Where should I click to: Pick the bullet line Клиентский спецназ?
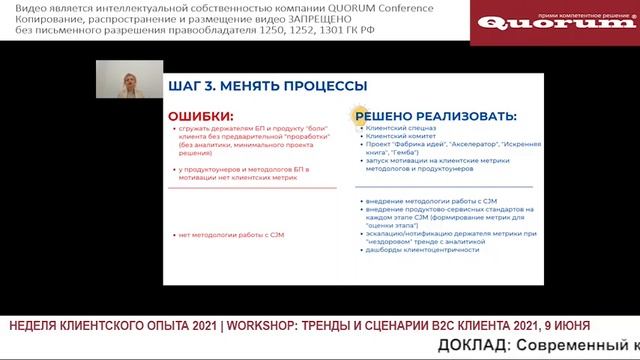pyautogui.click(x=400, y=130)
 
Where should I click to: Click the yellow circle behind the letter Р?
pyautogui.click(x=356, y=114)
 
